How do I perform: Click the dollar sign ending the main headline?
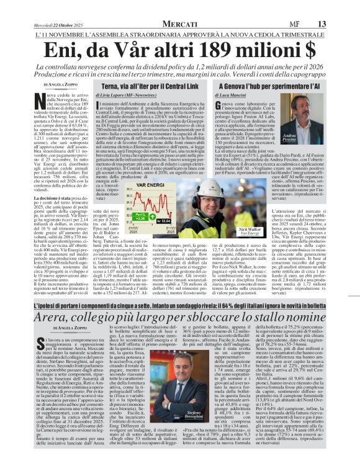[321, 49]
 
